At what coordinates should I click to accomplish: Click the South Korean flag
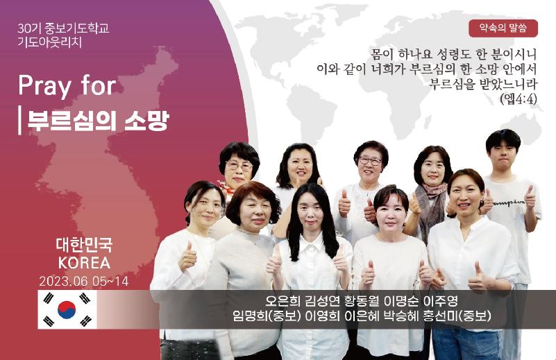(x=67, y=309)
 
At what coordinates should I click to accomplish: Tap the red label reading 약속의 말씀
(x=503, y=28)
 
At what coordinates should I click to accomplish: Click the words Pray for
(x=67, y=86)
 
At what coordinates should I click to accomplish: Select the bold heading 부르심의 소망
(x=98, y=120)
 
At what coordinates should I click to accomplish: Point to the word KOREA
(x=85, y=263)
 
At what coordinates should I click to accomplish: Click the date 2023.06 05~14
(x=84, y=282)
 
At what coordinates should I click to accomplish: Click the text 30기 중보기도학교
(x=63, y=28)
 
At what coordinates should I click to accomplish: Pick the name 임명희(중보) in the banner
(x=267, y=316)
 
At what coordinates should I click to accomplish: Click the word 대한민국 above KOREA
(x=85, y=244)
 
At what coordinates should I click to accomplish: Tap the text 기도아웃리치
(x=50, y=42)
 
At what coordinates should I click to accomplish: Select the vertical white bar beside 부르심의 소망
(x=19, y=120)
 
